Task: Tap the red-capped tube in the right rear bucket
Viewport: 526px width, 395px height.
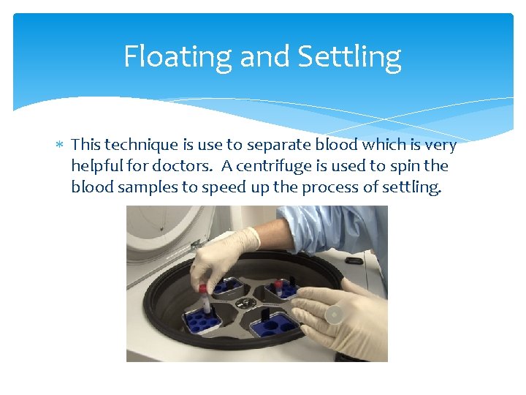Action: tap(278, 285)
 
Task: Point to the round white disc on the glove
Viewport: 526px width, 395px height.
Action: tap(334, 315)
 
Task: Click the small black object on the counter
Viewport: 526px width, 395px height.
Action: tap(355, 260)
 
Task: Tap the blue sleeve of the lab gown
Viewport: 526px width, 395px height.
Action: tap(329, 227)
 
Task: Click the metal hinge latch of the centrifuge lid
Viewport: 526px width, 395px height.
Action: tap(196, 244)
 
